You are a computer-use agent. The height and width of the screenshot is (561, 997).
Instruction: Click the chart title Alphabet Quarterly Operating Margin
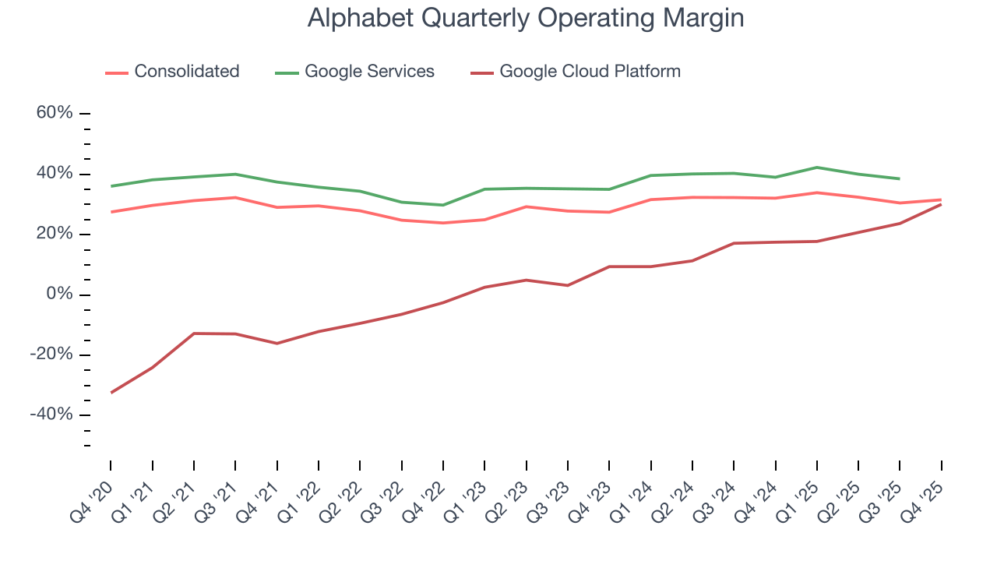click(x=526, y=18)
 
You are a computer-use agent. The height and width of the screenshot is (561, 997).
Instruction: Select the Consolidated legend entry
click(x=186, y=72)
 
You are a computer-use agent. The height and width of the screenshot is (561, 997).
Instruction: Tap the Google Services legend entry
click(x=369, y=72)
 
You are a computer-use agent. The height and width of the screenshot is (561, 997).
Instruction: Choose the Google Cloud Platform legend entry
click(x=590, y=72)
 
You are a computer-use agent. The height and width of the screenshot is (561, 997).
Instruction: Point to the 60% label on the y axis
click(x=55, y=114)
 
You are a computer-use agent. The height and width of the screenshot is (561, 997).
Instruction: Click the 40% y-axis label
click(x=55, y=174)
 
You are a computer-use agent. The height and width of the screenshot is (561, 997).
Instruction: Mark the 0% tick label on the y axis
click(x=59, y=295)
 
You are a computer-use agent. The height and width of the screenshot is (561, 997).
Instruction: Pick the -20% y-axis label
click(x=51, y=355)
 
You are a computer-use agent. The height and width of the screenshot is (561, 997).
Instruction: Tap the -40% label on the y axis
click(x=51, y=415)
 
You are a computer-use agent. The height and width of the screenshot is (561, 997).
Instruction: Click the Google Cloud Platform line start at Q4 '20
click(x=111, y=393)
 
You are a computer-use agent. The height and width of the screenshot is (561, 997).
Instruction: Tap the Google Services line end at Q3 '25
click(x=900, y=178)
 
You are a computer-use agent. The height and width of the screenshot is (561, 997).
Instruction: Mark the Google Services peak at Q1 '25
click(x=816, y=167)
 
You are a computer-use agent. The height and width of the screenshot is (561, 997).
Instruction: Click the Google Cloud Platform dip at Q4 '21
click(x=277, y=344)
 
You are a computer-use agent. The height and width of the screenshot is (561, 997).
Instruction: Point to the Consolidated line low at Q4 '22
click(x=443, y=223)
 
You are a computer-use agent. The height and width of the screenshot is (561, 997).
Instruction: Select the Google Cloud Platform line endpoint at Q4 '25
click(x=941, y=204)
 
